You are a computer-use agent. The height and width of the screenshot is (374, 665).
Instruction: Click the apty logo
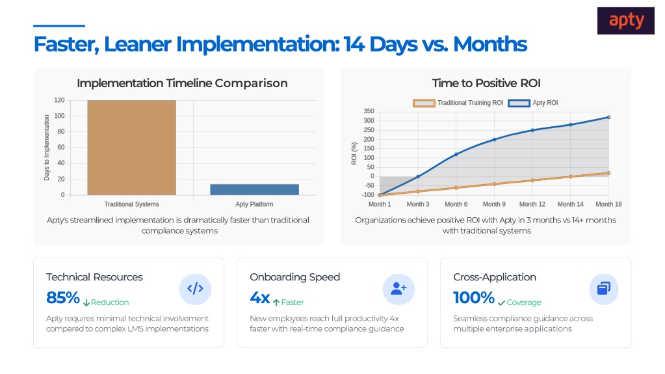point(625,20)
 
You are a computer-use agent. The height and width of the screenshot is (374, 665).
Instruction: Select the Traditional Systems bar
point(131,148)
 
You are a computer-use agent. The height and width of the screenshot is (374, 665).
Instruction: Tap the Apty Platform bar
point(254,190)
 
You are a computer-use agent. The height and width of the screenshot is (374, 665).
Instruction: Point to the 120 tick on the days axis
point(59,100)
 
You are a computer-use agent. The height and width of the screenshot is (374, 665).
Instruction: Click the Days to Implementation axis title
point(47,148)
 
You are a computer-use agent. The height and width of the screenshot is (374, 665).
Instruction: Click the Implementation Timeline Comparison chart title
point(182,83)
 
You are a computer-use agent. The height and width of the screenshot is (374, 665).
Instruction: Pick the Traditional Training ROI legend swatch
point(424,103)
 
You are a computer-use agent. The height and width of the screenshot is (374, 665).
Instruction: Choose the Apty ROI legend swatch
point(519,103)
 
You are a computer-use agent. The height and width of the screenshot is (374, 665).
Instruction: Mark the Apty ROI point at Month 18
point(608,117)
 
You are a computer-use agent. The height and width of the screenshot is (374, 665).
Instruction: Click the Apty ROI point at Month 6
point(456,154)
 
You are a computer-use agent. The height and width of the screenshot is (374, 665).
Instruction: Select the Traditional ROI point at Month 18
point(608,173)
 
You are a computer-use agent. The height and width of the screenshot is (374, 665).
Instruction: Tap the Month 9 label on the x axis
point(494,204)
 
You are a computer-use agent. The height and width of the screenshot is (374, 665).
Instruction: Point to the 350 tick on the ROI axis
point(369,111)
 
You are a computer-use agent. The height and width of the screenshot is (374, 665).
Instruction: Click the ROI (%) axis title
point(354,154)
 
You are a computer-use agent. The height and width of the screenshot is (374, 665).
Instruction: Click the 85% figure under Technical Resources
point(63,298)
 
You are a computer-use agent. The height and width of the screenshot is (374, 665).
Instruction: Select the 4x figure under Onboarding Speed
point(259,298)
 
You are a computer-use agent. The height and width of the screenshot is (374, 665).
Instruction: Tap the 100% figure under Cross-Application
point(474,298)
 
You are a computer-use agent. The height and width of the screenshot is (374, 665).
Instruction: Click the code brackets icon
point(195,289)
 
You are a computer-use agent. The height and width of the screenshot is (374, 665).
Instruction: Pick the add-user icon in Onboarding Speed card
point(398,289)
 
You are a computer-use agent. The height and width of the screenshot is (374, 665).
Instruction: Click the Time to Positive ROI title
point(486,83)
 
